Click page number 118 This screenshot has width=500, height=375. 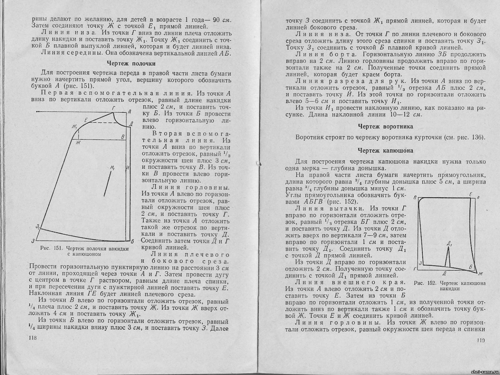[32, 338]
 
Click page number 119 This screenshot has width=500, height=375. [481, 340]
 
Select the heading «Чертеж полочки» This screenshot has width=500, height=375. [131, 64]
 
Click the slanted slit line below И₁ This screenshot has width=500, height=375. [108, 184]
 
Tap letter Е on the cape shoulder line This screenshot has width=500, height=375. [86, 120]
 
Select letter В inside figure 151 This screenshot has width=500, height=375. [123, 137]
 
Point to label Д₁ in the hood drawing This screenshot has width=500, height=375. [449, 243]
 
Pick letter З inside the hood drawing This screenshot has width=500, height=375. [421, 262]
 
